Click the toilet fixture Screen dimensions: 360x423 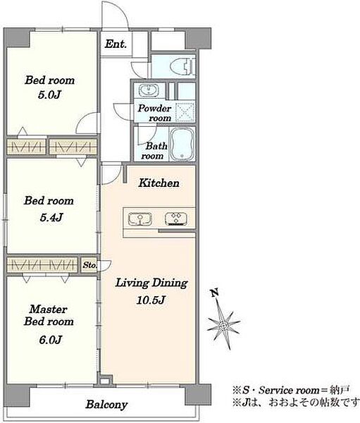182,66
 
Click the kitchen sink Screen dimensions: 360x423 139,219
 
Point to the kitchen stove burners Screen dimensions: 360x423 176,219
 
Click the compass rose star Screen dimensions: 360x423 223,326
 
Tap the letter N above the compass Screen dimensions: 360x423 215,293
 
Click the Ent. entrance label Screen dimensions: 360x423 116,44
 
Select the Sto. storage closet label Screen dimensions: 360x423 89,265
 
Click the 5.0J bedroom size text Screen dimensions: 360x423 49,94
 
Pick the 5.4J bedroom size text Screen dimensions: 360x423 51,217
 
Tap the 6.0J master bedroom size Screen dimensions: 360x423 51,340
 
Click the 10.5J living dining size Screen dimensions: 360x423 151,300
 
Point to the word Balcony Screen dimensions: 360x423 106,405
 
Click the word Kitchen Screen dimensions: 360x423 159,183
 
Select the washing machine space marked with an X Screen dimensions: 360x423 185,111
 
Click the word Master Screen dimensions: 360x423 49,309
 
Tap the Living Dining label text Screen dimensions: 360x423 151,283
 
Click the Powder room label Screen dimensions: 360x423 154,113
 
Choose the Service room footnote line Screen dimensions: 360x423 291,390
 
